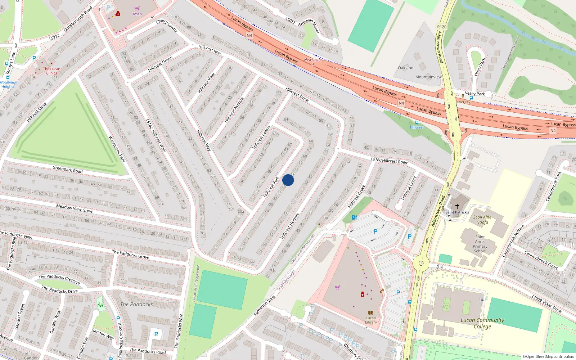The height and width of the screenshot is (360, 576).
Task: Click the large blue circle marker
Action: pyautogui.click(x=288, y=180)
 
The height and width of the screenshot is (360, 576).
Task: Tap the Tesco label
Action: pyautogui.click(x=137, y=14)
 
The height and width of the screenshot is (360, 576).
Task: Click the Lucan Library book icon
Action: pyautogui.click(x=370, y=312)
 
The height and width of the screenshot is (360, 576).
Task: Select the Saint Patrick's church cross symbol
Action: pyautogui.click(x=457, y=206)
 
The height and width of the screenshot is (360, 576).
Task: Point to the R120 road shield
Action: pyautogui.click(x=442, y=27)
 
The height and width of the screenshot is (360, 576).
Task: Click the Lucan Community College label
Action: pyautogui.click(x=482, y=323)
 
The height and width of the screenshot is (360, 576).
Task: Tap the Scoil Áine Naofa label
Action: pyautogui.click(x=482, y=220)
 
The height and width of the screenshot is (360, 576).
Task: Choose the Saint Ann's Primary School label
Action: pyautogui.click(x=480, y=244)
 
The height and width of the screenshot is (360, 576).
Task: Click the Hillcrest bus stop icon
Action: pyautogui.click(x=417, y=123)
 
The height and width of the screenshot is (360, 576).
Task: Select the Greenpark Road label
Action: pyautogui.click(x=67, y=169)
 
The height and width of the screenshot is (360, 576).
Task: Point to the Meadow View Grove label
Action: pyautogui.click(x=75, y=208)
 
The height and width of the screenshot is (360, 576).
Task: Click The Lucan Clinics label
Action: pyautogui.click(x=51, y=71)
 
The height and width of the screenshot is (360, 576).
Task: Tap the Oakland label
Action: pyautogui.click(x=406, y=68)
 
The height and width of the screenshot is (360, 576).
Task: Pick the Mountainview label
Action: pyautogui.click(x=428, y=77)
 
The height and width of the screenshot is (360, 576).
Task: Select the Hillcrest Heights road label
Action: pyautogui.click(x=290, y=226)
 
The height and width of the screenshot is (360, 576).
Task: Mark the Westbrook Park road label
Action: pyautogui.click(x=117, y=149)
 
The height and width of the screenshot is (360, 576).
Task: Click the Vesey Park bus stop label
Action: pyautogui.click(x=475, y=94)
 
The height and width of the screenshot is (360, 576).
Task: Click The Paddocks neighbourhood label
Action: pyautogui.click(x=136, y=304)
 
